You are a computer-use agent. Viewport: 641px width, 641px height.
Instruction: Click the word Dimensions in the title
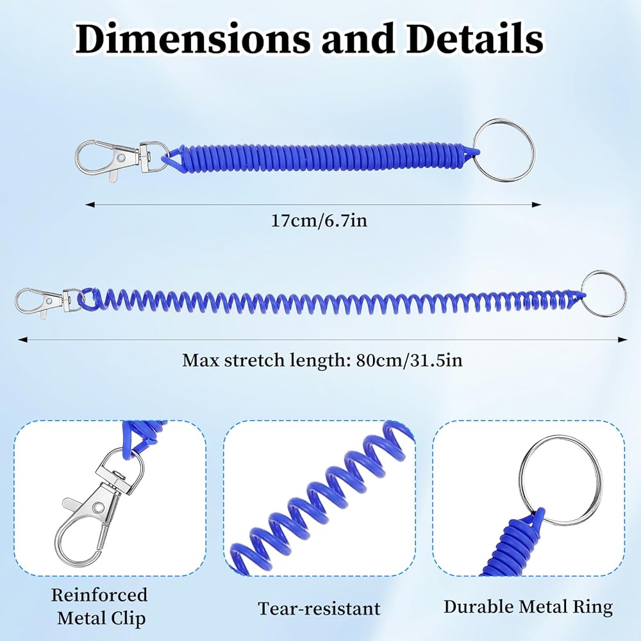[x=193, y=39]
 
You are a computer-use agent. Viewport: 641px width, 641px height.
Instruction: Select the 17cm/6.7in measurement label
[x=319, y=221]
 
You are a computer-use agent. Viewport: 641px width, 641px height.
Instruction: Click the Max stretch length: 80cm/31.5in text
[x=322, y=360]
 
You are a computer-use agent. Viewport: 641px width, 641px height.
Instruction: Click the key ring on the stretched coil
[x=604, y=294]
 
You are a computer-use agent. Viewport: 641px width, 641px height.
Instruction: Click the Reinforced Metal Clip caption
[x=100, y=606]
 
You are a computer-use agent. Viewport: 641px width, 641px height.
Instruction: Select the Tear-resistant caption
[x=319, y=608]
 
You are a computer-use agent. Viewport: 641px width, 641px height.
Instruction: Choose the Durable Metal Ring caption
[x=528, y=606]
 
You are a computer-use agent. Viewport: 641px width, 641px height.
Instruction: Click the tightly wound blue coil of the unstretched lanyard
[x=320, y=157]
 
